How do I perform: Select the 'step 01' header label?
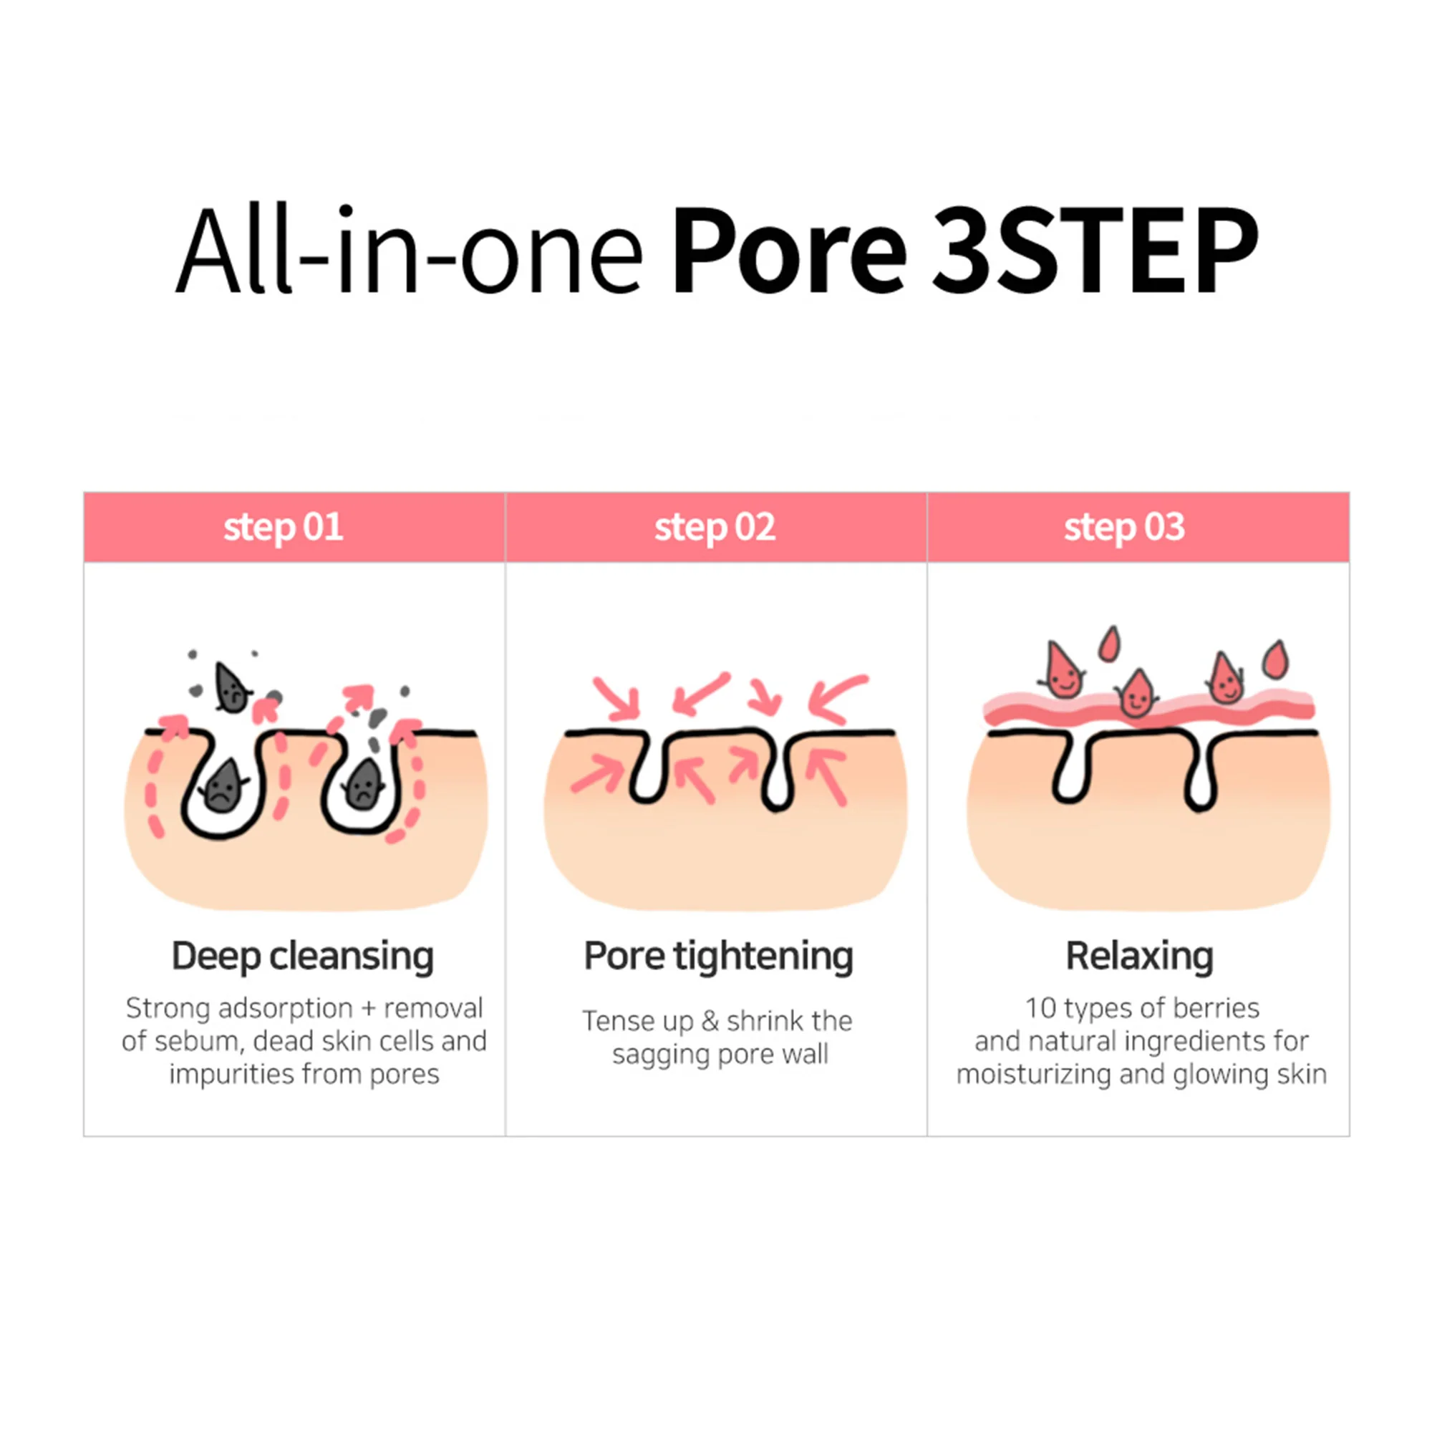click(x=283, y=528)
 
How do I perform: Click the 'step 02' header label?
click(x=715, y=528)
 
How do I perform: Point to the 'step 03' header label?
click(x=1124, y=528)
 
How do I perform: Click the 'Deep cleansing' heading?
click(x=302, y=957)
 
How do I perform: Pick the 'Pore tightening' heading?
click(x=718, y=957)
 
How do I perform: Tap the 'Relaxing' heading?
click(x=1139, y=957)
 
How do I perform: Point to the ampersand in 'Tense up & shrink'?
click(x=710, y=1022)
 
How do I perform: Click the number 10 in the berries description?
click(x=1040, y=1008)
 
